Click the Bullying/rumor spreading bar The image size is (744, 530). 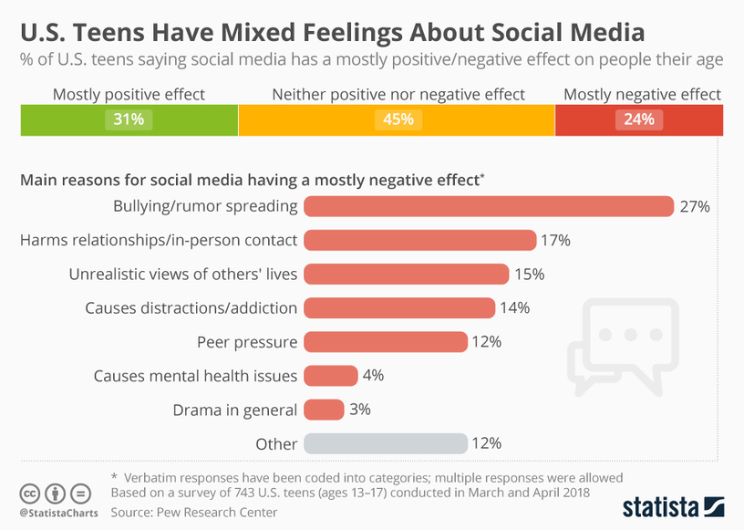coord(488,206)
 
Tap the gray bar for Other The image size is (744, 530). coord(385,444)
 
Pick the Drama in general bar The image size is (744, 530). coord(324,410)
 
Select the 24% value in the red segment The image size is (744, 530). coord(638,120)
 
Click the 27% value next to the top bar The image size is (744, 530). coord(694,206)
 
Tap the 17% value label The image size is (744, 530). coord(555,241)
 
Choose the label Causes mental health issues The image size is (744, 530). coord(196,376)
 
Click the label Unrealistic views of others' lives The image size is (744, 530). coord(183,275)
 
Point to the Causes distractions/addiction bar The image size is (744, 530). coord(398,308)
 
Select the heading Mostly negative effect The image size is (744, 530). coord(642,95)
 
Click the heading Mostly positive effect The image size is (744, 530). coord(129,95)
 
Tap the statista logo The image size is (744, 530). coord(673,505)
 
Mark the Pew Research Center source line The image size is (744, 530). coord(193,513)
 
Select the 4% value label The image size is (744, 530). coord(373,376)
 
